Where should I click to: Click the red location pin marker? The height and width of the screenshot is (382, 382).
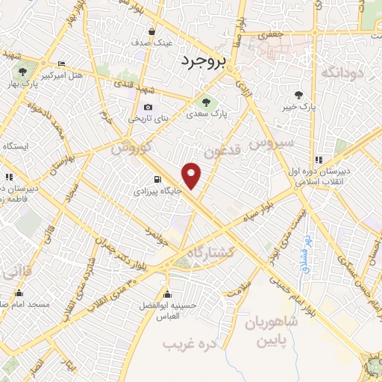[x=192, y=175]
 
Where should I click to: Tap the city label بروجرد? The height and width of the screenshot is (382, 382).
[x=202, y=63]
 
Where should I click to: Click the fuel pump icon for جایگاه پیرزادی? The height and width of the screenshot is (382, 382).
[x=156, y=179]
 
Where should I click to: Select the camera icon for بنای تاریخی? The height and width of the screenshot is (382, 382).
[x=148, y=107]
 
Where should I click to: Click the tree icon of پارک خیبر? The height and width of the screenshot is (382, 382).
[x=299, y=95]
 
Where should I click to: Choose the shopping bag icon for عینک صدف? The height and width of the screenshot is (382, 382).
[x=152, y=31]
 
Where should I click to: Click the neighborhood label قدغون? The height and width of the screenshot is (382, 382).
[x=222, y=152]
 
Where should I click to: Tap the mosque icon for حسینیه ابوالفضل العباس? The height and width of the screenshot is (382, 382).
[x=166, y=293]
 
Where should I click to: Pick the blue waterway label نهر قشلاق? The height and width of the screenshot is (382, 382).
[x=306, y=254]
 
